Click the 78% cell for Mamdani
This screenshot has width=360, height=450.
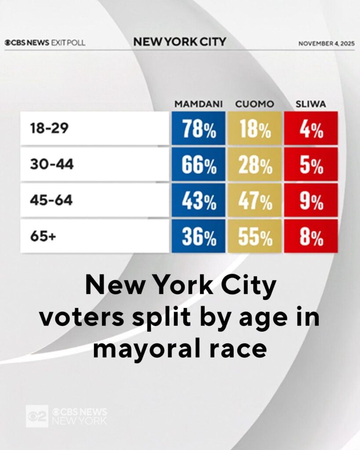tap(198, 128)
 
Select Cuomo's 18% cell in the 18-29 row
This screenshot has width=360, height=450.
tap(255, 128)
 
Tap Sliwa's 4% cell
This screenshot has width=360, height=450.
tap(311, 128)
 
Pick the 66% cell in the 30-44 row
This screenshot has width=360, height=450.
tap(198, 164)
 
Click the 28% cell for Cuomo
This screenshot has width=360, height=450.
tap(255, 164)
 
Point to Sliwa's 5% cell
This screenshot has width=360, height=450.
tap(311, 164)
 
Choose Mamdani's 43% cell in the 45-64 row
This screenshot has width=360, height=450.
tap(198, 200)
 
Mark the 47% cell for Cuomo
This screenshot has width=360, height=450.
tap(255, 200)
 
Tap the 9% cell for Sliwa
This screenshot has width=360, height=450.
tap(311, 200)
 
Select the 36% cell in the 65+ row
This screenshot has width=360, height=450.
tap(198, 236)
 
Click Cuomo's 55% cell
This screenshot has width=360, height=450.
tap(255, 236)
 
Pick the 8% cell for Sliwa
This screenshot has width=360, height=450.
tap(311, 236)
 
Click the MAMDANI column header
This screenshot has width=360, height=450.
tap(199, 104)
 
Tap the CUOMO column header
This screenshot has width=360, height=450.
tap(255, 104)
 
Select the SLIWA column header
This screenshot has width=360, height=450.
tap(311, 104)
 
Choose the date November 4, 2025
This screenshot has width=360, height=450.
tap(326, 44)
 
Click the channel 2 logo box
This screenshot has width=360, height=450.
tap(37, 415)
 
